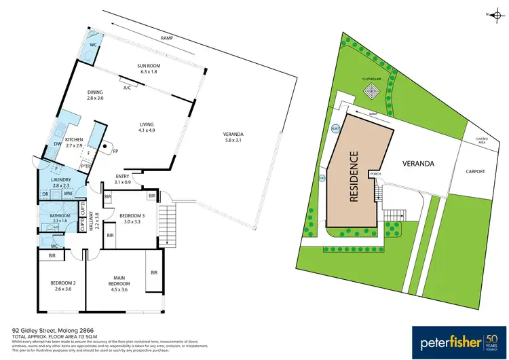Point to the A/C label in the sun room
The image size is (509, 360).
pyautogui.click(x=127, y=87)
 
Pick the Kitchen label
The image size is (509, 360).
pyautogui.click(x=73, y=140)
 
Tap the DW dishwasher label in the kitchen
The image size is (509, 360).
pyautogui.click(x=56, y=143)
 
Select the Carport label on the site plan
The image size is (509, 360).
pyautogui.click(x=475, y=172)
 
